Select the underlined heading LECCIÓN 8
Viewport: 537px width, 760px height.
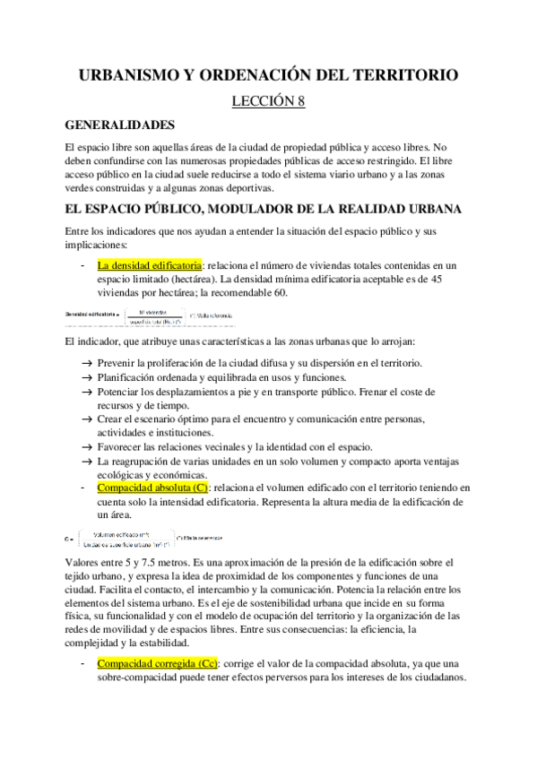tap(268, 101)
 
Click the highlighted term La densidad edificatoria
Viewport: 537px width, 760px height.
tap(150, 265)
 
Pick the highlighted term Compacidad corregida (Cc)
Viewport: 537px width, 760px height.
tap(158, 663)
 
